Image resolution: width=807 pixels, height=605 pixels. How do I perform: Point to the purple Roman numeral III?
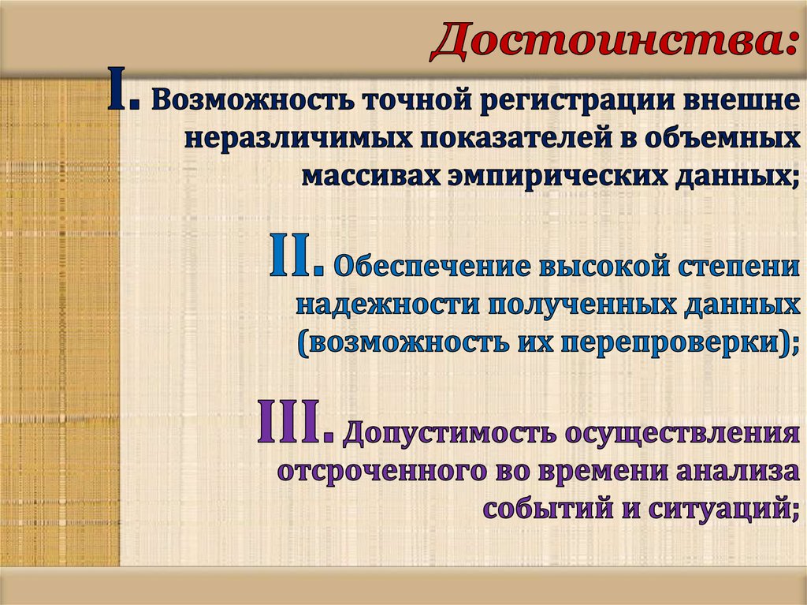(x=291, y=427)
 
